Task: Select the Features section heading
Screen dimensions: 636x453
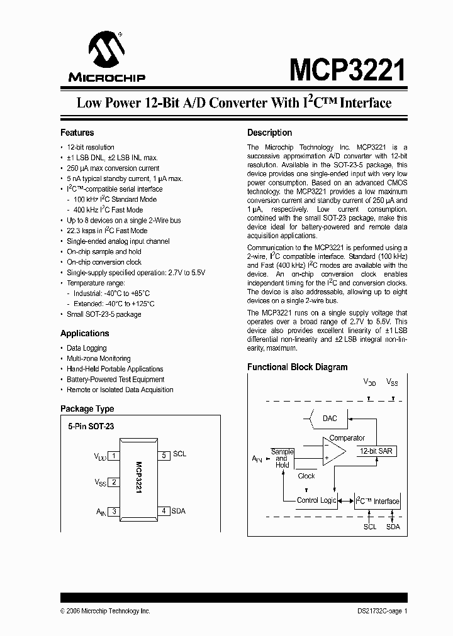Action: pyautogui.click(x=77, y=133)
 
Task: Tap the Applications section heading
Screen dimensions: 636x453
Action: pyautogui.click(x=85, y=334)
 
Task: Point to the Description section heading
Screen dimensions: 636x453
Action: pyautogui.click(x=269, y=133)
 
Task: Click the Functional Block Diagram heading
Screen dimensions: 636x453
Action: pyautogui.click(x=297, y=367)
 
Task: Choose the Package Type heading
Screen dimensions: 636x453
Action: pyautogui.click(x=87, y=408)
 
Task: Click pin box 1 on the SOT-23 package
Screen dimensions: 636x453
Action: pyautogui.click(x=114, y=456)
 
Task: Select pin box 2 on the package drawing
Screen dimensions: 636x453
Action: pyautogui.click(x=114, y=483)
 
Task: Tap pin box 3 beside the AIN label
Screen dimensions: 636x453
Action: pyautogui.click(x=114, y=512)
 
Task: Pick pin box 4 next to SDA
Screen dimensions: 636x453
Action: pyautogui.click(x=164, y=511)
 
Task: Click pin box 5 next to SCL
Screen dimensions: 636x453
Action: pyautogui.click(x=164, y=455)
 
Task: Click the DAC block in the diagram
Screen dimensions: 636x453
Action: pyautogui.click(x=329, y=419)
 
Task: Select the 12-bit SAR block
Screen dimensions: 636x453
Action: pyautogui.click(x=376, y=451)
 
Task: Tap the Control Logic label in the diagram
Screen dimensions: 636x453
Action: pyautogui.click(x=316, y=500)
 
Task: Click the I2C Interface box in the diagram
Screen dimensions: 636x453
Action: pyautogui.click(x=377, y=501)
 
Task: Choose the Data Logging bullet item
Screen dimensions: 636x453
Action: pyautogui.click(x=87, y=348)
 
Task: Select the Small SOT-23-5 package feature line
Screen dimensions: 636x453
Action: pyautogui.click(x=104, y=314)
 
